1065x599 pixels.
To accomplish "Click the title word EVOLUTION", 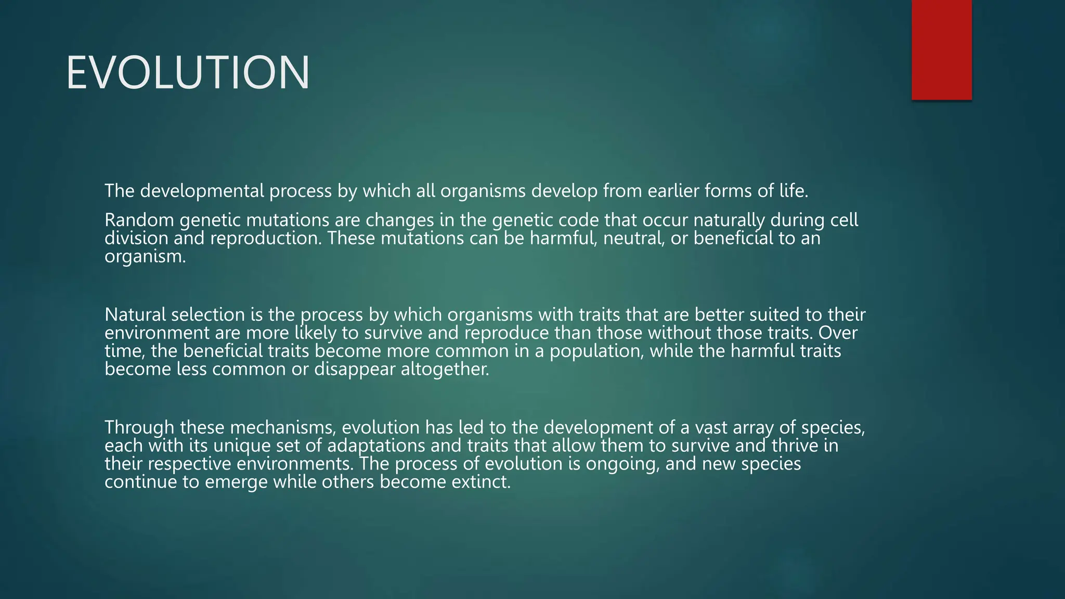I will click(x=188, y=73).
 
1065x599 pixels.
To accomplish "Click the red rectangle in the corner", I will click(x=941, y=49).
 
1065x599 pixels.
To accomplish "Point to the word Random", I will click(x=139, y=220).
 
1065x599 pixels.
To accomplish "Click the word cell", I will click(x=844, y=220).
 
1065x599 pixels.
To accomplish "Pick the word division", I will click(x=136, y=239).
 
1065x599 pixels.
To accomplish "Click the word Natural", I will click(x=135, y=315).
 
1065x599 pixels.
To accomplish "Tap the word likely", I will click(x=316, y=333).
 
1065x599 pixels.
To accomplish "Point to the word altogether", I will click(x=445, y=370).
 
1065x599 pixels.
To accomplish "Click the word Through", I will click(x=139, y=428).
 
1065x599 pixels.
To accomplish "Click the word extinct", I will click(x=481, y=483).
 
